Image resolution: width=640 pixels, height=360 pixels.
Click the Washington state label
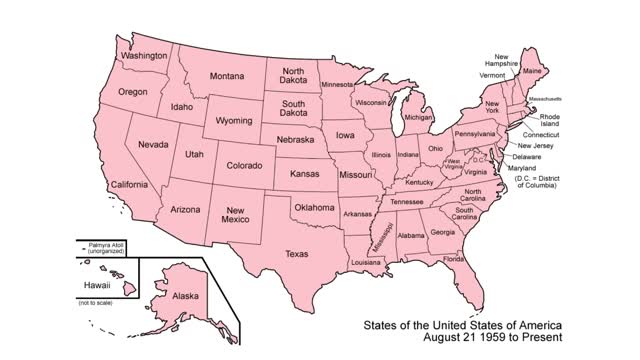click(x=143, y=56)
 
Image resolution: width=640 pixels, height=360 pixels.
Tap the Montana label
click(x=227, y=76)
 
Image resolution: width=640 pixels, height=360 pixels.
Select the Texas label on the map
click(x=297, y=254)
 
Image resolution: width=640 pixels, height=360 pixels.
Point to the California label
click(x=130, y=185)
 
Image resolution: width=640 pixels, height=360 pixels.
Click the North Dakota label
click(x=293, y=77)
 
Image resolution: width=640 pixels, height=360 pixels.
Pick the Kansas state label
click(x=304, y=173)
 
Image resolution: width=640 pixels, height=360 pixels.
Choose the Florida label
click(x=454, y=259)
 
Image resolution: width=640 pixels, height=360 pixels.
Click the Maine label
click(x=534, y=71)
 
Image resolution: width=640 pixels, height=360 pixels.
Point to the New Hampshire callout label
click(x=503, y=59)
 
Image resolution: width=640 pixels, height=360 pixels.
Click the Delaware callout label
click(x=526, y=157)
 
